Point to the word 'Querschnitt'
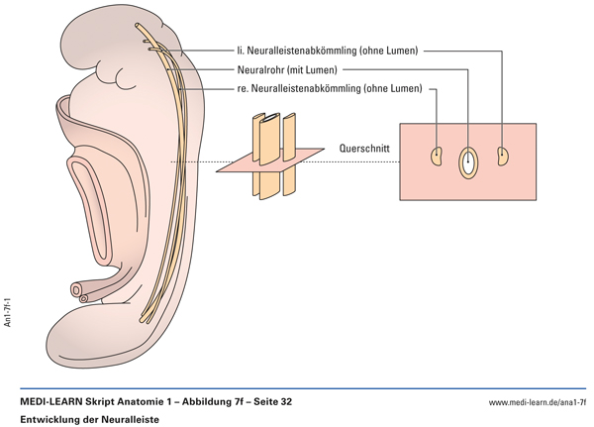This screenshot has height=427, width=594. [363, 149]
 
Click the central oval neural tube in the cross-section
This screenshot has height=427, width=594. [467, 162]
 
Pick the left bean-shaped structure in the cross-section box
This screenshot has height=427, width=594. [436, 157]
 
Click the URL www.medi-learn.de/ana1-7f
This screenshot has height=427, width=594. [538, 403]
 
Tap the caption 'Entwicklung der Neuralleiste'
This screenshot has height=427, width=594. [82, 420]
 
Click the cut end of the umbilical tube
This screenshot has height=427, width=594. [77, 290]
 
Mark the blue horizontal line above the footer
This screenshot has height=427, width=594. [297, 387]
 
